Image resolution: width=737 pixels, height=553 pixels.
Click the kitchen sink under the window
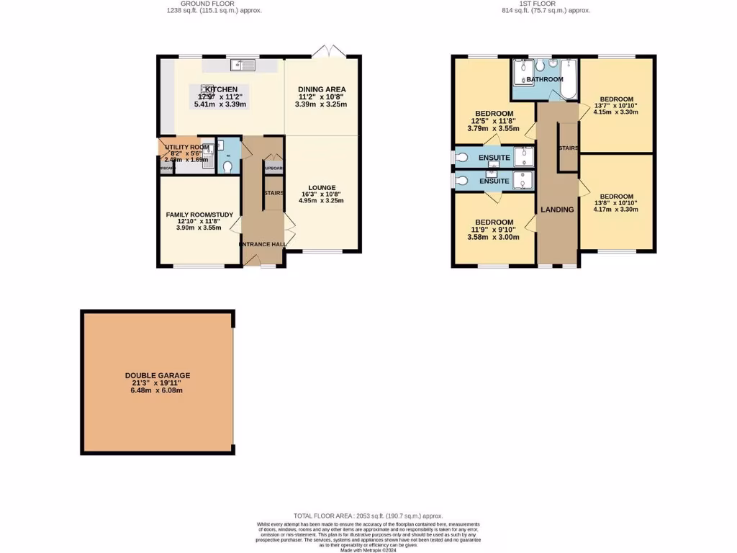point(243,66)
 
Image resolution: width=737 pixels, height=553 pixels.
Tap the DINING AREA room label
point(321,89)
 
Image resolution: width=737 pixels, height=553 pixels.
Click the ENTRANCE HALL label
point(263,244)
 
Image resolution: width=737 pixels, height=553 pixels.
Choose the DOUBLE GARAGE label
point(158,375)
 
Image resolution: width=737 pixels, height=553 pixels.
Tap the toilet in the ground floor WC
point(227,166)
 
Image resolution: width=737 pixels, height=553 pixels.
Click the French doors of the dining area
point(327,52)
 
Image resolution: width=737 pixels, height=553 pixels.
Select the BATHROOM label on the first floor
point(544,79)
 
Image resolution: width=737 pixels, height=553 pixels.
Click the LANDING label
point(557,210)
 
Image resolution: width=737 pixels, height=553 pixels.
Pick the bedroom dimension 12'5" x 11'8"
point(493,122)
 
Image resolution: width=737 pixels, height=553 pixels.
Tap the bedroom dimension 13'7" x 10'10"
point(617,106)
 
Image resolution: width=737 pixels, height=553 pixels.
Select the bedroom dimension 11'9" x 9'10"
point(493,230)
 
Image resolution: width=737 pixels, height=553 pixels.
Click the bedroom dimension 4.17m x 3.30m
point(617,210)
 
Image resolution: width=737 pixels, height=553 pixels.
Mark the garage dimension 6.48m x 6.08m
point(158,390)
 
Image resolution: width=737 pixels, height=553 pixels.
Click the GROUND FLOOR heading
point(211,4)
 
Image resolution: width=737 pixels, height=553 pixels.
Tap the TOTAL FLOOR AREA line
point(368,516)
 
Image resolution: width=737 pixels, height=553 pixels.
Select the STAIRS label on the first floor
point(569,148)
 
